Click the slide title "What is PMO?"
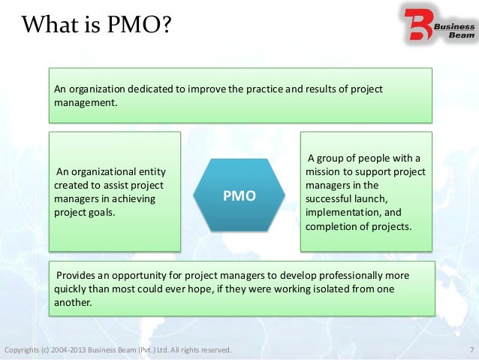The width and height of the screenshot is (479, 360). pos(96,27)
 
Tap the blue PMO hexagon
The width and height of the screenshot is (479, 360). pos(239,195)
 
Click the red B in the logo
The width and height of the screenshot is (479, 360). pos(417,25)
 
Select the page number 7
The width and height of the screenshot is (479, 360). pos(470,350)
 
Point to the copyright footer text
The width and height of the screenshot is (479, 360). pos(118,350)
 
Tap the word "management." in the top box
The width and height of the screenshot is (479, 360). pos(86,103)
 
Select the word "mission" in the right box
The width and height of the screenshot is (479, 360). pos(324,171)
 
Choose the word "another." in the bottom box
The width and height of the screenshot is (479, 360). pos(73,303)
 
